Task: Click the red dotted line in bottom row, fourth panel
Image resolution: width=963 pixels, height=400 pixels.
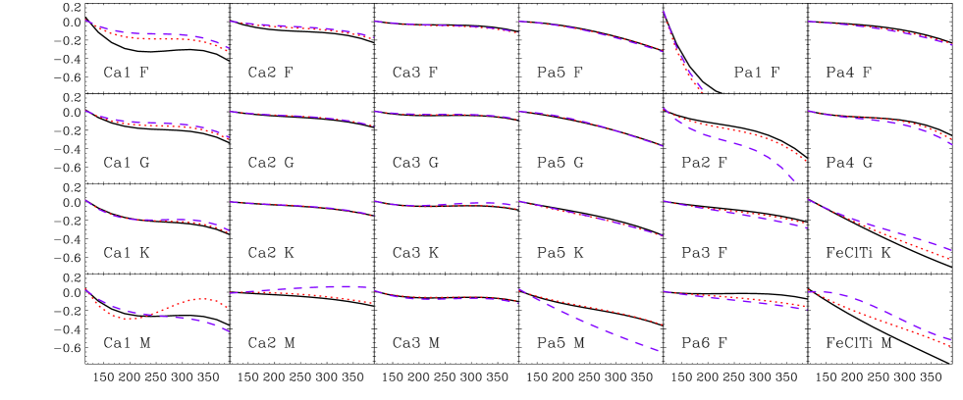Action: [618, 314]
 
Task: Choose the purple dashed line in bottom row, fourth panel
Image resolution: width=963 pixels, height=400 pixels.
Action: [618, 336]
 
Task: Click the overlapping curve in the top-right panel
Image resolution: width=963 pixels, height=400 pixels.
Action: [883, 28]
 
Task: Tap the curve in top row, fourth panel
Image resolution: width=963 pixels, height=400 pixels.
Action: [589, 31]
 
